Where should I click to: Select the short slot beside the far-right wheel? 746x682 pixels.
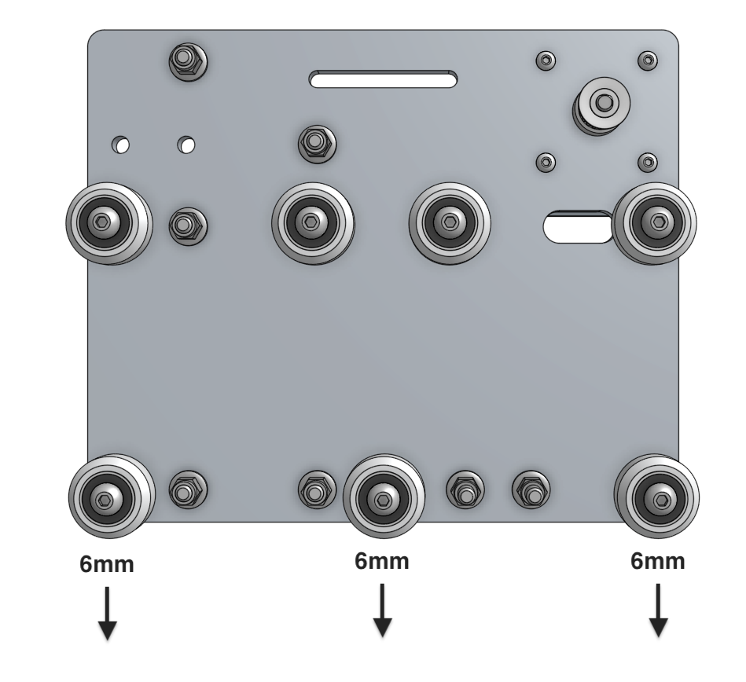(x=579, y=226)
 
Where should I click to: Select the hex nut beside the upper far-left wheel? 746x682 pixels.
(x=186, y=225)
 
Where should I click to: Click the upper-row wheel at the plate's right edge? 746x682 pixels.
(x=655, y=223)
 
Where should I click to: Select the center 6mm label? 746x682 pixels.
(x=383, y=562)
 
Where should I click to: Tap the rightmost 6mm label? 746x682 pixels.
(x=658, y=562)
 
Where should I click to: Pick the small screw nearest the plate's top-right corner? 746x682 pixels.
(x=647, y=59)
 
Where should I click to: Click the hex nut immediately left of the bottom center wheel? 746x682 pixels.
(x=316, y=491)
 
